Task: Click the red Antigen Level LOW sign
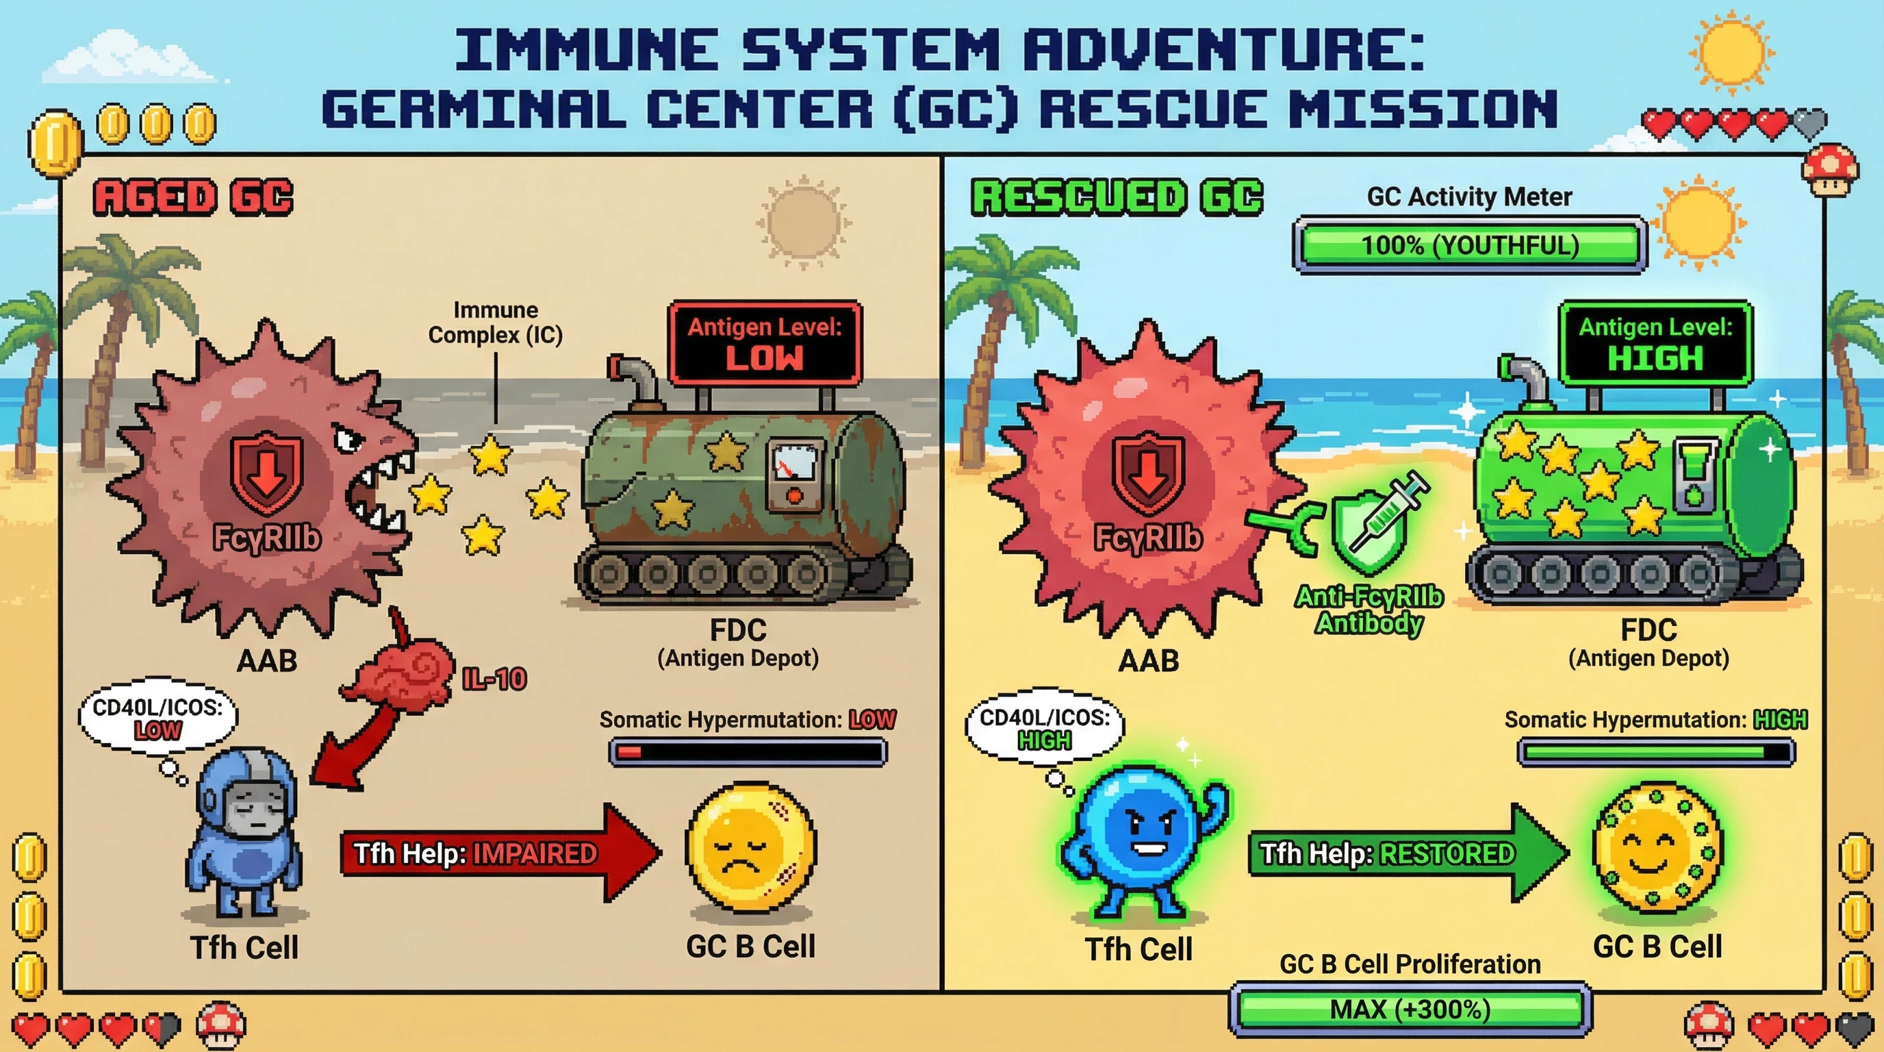[x=764, y=342]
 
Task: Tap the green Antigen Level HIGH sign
[x=1655, y=342]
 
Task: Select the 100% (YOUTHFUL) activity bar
[x=1470, y=245]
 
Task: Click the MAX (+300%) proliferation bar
[x=1410, y=1010]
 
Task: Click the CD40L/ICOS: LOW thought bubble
[x=158, y=717]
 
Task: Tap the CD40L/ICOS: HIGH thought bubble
[x=1045, y=727]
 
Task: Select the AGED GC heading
[x=193, y=197]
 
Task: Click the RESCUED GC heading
[x=1117, y=197]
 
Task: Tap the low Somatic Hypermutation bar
[x=748, y=752]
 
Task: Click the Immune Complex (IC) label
[x=495, y=323]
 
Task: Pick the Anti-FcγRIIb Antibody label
[x=1369, y=610]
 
